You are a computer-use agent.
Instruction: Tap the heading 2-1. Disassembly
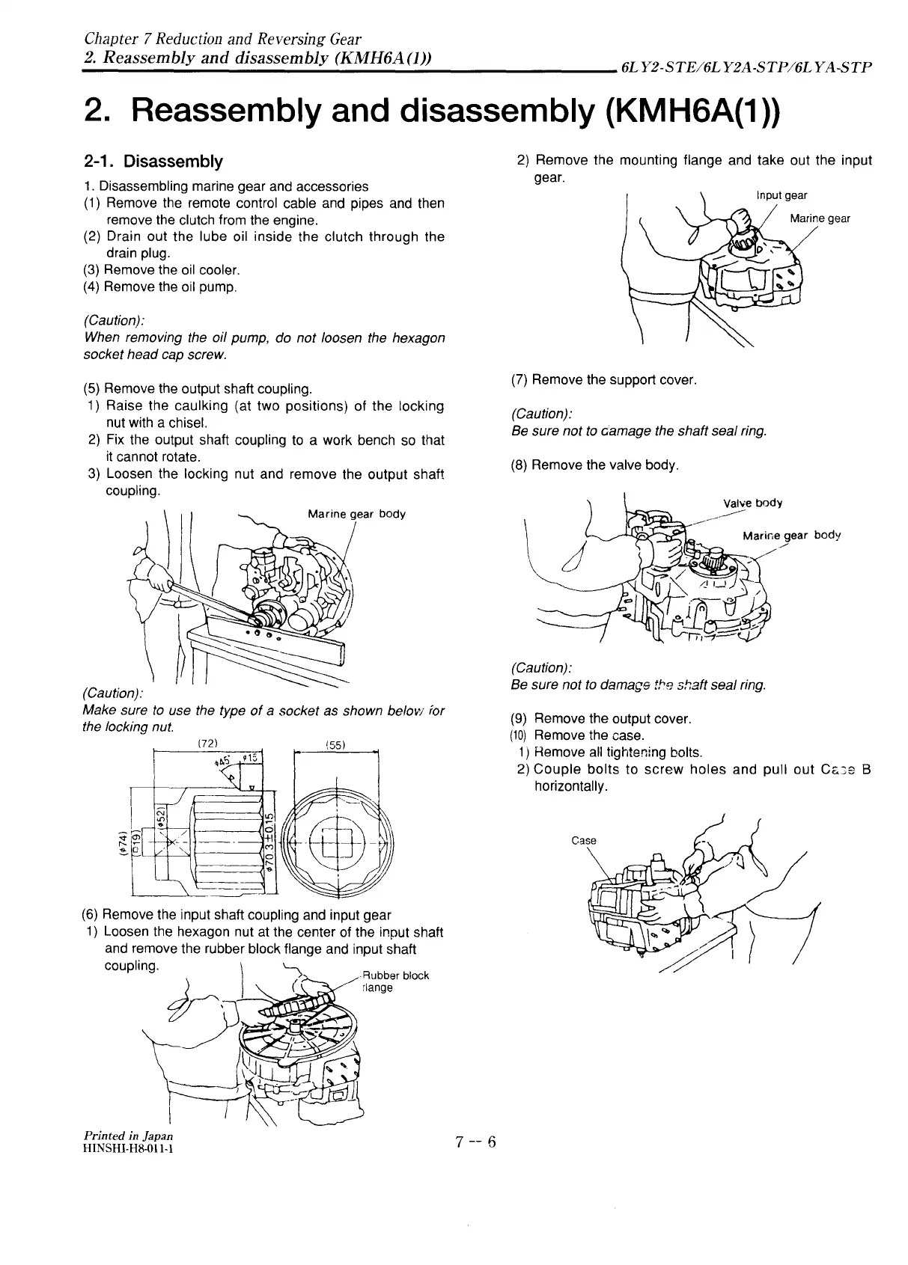(153, 162)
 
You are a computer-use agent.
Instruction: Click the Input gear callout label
(781, 195)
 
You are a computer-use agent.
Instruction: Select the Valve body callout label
(753, 503)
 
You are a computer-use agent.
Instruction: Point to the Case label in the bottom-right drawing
(583, 840)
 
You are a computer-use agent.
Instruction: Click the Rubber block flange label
(394, 981)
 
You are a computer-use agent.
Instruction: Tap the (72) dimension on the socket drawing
(208, 744)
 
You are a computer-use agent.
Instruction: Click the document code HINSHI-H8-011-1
(129, 1148)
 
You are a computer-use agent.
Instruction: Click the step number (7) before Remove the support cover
(519, 380)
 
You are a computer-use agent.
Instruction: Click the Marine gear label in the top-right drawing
(820, 218)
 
